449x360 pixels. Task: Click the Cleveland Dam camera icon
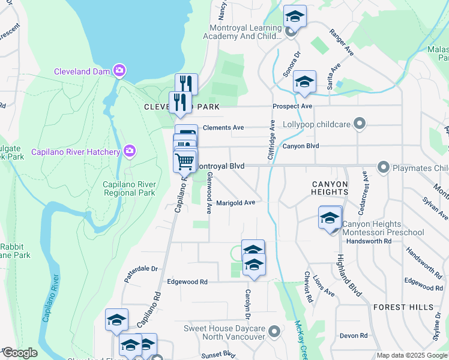tap(119, 71)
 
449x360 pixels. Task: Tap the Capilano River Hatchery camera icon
tap(129, 152)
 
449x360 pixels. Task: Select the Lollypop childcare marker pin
tap(360, 124)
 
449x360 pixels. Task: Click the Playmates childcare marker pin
tap(384, 166)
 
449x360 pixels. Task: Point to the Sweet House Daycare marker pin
tap(275, 331)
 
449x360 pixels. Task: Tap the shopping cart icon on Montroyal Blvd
tap(184, 161)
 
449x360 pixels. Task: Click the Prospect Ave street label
tap(292, 106)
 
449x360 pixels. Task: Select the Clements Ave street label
tap(223, 128)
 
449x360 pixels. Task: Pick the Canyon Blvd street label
tap(300, 146)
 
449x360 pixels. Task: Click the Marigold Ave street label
tap(236, 203)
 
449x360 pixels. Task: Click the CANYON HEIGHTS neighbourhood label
tap(330, 187)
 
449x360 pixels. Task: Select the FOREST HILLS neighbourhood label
tap(403, 307)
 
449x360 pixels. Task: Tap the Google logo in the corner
tap(20, 353)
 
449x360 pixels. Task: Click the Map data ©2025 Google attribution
tap(411, 355)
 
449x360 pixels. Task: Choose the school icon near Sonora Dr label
tap(304, 83)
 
